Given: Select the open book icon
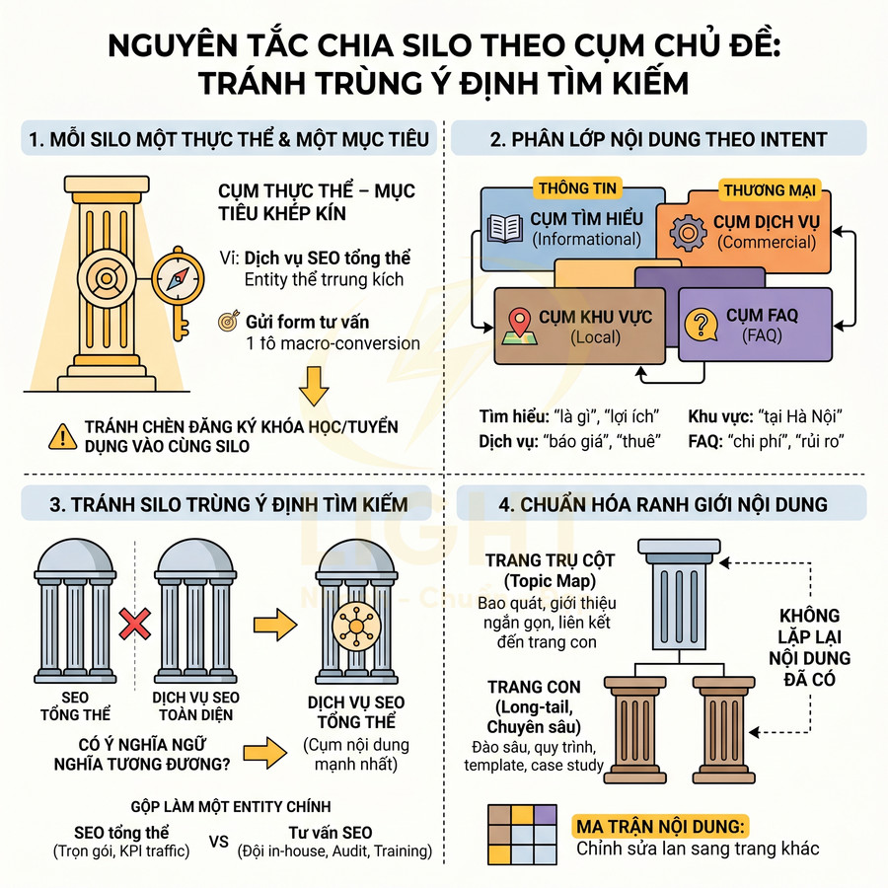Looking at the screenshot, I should click(x=503, y=228).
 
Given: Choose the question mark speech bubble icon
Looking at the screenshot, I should click(x=702, y=325).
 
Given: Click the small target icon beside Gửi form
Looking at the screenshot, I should click(x=228, y=322).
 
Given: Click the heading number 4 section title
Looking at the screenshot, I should click(x=662, y=505).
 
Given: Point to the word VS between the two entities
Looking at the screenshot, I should click(x=219, y=842).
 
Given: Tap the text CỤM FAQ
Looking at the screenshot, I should click(x=762, y=316).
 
